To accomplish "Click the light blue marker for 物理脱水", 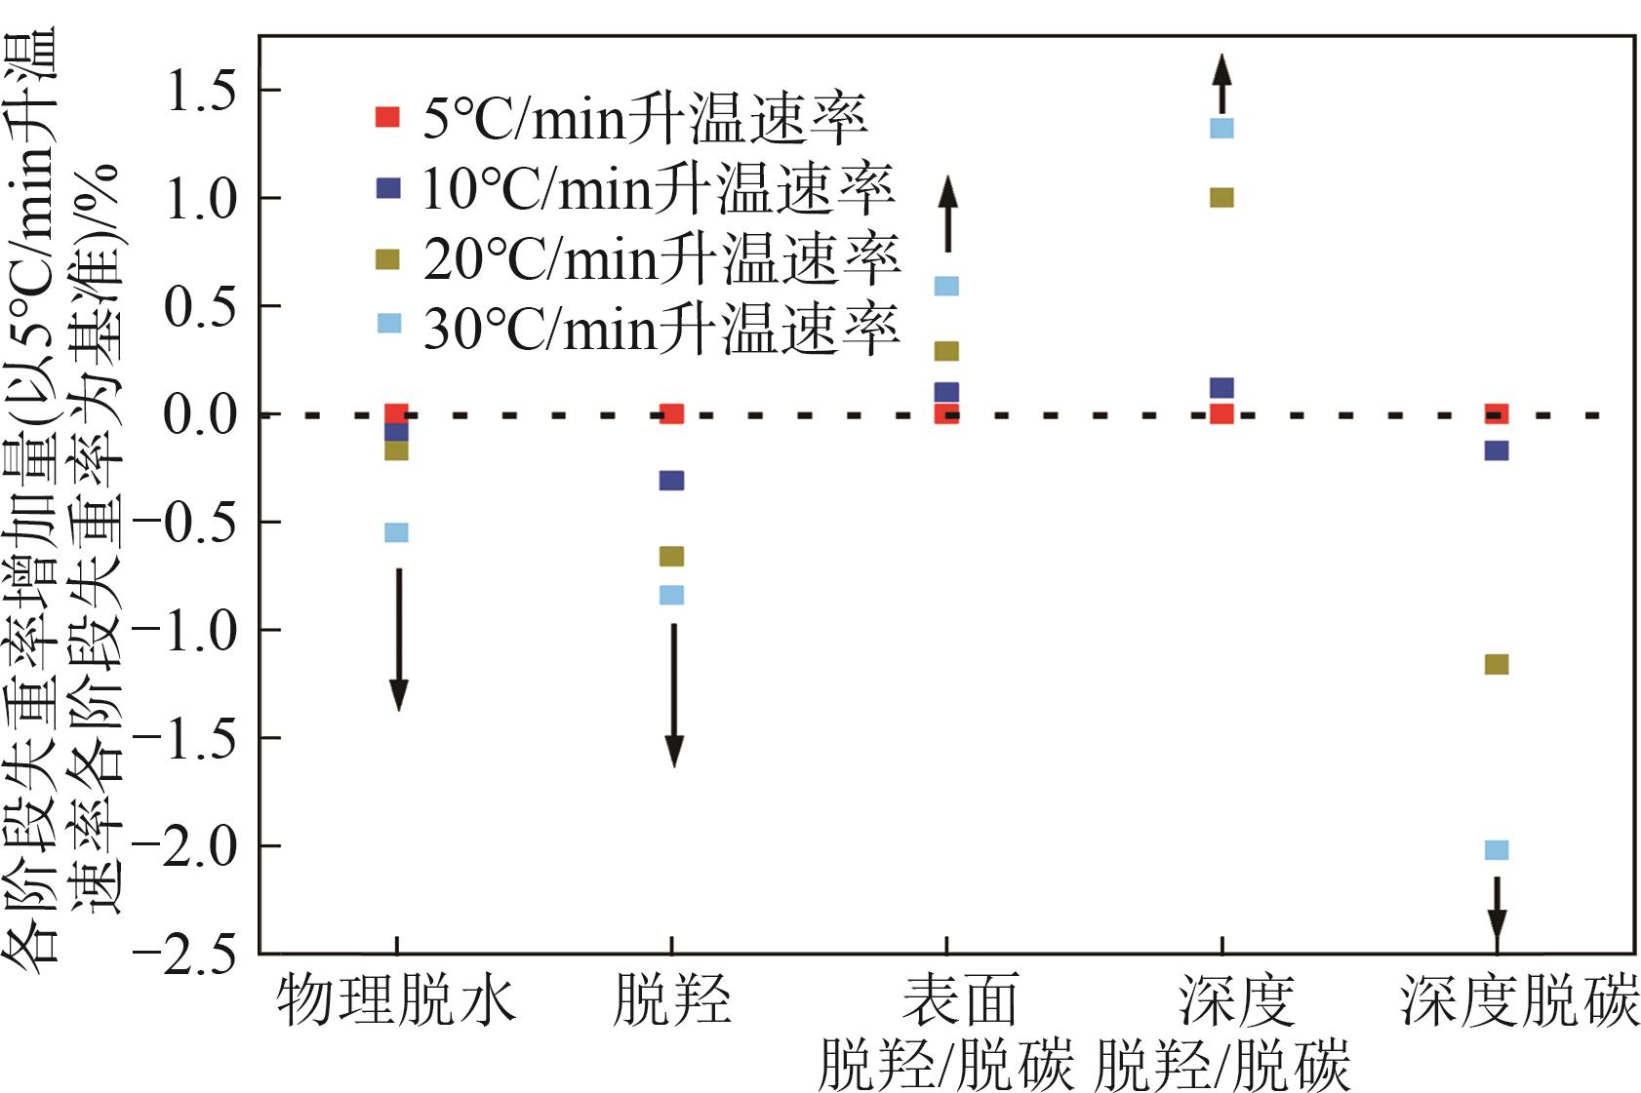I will [x=396, y=532].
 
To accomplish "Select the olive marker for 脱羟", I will [x=671, y=557].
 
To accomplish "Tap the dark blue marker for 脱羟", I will [x=671, y=481].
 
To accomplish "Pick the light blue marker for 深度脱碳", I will [x=1496, y=850].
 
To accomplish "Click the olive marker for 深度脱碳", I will [x=1496, y=665].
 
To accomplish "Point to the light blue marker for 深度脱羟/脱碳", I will [x=1221, y=128].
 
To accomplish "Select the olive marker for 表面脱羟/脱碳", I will [x=946, y=351].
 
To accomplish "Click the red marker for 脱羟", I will [x=671, y=414].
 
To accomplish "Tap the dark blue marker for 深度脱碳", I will [x=1496, y=450].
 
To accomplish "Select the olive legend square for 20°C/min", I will [x=388, y=259].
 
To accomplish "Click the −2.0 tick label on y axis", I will [x=185, y=846].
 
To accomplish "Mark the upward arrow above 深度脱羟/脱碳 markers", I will [x=1221, y=84].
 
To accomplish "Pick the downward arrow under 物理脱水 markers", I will [x=398, y=639].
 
